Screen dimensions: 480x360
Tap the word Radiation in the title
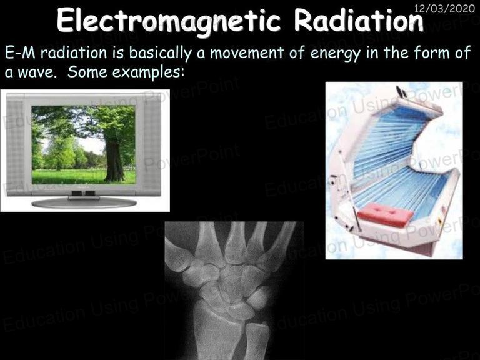(359, 20)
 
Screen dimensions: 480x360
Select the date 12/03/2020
(444, 8)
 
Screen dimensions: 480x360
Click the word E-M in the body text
(20, 52)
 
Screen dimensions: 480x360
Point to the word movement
(247, 52)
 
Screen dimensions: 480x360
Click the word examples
(149, 73)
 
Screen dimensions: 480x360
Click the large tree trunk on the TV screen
(114, 159)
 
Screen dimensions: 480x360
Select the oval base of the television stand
(84, 203)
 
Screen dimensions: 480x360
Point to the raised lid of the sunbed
(398, 135)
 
